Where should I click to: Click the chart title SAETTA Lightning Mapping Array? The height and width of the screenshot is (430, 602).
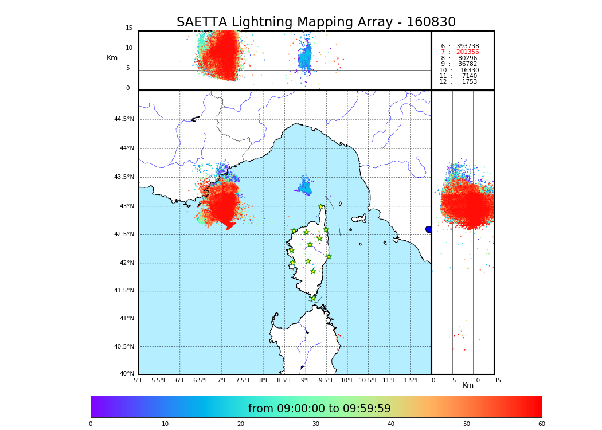point(316,22)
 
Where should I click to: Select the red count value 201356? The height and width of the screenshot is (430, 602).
point(467,52)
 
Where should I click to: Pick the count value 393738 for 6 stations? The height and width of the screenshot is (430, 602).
point(467,46)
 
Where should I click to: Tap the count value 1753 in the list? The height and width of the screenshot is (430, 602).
point(469,82)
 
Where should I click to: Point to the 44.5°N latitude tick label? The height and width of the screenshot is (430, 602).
point(124,119)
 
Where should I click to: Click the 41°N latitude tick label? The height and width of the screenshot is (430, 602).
point(126,319)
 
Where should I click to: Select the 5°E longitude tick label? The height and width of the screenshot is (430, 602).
point(139,380)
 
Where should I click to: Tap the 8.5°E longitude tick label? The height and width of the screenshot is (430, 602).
point(284,380)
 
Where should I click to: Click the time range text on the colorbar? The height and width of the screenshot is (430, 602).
point(319,409)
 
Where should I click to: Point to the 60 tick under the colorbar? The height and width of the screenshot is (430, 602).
point(541,424)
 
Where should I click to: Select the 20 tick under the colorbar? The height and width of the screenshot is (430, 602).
point(241,424)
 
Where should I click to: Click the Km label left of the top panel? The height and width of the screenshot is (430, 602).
point(112,58)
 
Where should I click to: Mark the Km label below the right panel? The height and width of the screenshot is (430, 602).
point(468,385)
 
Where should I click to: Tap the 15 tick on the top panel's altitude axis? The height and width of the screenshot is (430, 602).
point(129,28)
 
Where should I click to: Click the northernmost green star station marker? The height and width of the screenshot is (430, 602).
point(321,207)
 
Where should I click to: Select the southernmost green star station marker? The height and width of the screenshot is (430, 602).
point(313,298)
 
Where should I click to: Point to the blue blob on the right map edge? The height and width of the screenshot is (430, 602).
point(428,229)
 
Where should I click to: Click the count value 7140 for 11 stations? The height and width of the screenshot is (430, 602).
point(469,76)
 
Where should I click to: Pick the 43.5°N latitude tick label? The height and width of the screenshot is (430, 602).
point(124,177)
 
